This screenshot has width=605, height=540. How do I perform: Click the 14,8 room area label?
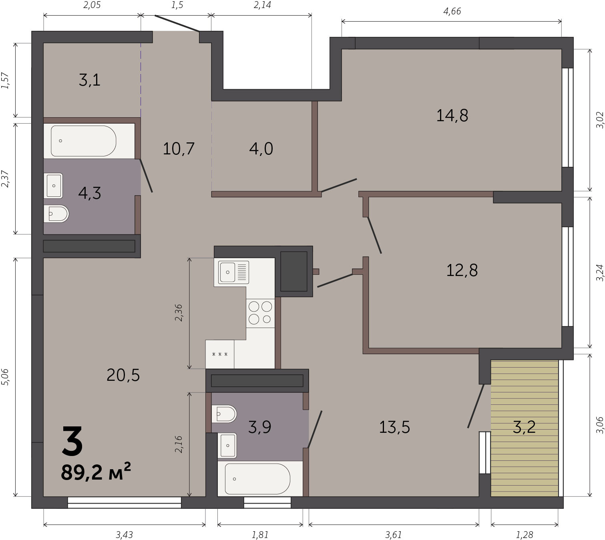(x=452, y=116)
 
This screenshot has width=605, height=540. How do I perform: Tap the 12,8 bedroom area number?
(x=462, y=270)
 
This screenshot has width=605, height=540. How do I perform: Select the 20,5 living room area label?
(x=123, y=375)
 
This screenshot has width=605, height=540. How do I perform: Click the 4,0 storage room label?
(x=261, y=148)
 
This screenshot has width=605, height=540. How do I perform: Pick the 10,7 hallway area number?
(x=179, y=148)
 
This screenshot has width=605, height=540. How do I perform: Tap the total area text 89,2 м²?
(x=96, y=472)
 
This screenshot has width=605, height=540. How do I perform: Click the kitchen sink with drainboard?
(x=233, y=272)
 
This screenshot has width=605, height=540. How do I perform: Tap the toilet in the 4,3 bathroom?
(x=56, y=214)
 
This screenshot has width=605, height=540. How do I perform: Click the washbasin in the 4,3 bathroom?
(x=53, y=186)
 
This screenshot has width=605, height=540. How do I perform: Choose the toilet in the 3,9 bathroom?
(x=224, y=414)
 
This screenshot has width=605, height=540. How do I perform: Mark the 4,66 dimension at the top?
(x=452, y=12)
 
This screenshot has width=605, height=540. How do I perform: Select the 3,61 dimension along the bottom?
(x=394, y=526)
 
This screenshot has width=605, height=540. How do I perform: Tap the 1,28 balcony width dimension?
(x=525, y=526)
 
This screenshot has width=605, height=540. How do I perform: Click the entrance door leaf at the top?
(x=177, y=23)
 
